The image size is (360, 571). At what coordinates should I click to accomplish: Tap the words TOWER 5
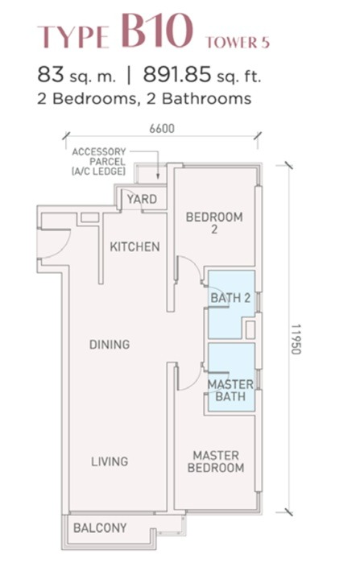tap(238, 43)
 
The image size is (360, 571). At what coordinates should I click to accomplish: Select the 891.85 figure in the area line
tap(176, 75)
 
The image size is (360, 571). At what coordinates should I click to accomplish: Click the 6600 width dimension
tap(162, 129)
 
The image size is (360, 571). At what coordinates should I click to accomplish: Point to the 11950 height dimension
tap(296, 339)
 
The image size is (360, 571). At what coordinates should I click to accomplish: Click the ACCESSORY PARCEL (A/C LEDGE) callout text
tap(99, 162)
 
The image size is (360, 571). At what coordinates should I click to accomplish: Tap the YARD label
tap(142, 199)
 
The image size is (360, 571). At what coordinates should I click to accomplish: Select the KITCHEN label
tap(134, 246)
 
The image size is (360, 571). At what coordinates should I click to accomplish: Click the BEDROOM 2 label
tap(214, 223)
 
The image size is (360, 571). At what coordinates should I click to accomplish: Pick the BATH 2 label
tap(230, 298)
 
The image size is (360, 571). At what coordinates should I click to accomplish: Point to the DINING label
tap(110, 344)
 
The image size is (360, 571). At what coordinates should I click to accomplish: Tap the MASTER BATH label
tap(230, 391)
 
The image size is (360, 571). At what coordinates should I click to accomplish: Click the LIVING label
tap(110, 461)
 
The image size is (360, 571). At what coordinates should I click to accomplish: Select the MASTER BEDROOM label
tap(216, 461)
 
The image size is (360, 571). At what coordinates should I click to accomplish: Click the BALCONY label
tap(100, 528)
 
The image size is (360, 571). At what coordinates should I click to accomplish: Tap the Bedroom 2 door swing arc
tap(195, 263)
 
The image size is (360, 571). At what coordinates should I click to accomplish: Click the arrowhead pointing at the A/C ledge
tap(158, 176)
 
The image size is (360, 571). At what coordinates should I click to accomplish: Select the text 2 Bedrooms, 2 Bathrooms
tap(144, 99)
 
